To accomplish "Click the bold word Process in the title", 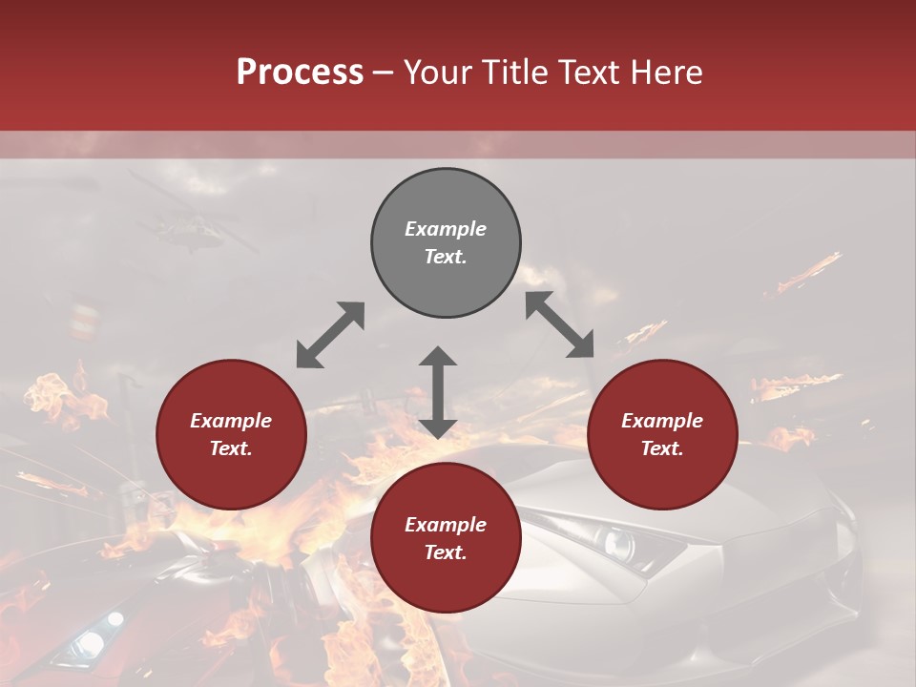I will tap(300, 73).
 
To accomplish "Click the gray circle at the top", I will tap(446, 242).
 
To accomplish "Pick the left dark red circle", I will tap(231, 434).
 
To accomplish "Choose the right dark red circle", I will tap(662, 434).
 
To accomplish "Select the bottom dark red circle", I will tap(446, 538).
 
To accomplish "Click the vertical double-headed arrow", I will tap(438, 392).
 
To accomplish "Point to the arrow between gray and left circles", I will tap(330, 335).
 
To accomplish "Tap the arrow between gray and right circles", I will tap(560, 324).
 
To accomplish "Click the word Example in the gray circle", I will tap(446, 229).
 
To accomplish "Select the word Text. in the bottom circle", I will tap(446, 552).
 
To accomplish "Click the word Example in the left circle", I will tap(231, 421).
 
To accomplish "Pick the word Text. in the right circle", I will tap(662, 448).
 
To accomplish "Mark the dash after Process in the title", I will tap(384, 73).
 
